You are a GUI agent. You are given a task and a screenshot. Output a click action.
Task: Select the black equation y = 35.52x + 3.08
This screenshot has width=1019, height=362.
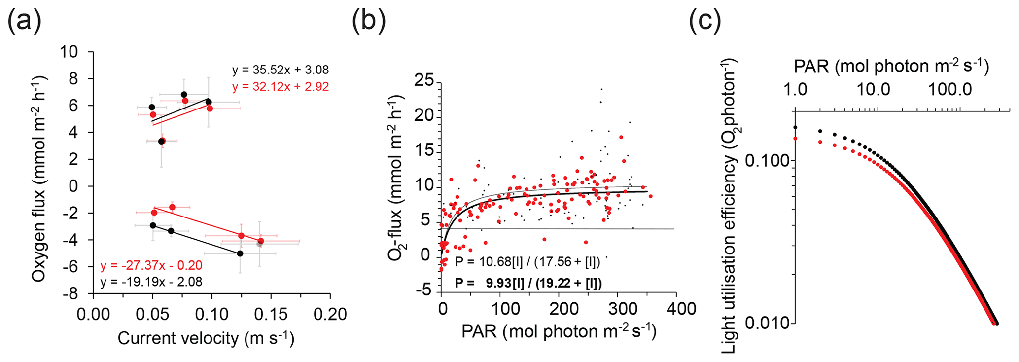pos(281,70)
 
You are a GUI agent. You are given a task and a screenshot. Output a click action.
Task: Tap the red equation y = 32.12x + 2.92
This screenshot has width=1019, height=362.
pos(281,87)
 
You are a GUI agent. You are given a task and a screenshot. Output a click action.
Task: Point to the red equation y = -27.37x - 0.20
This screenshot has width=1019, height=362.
pos(151,265)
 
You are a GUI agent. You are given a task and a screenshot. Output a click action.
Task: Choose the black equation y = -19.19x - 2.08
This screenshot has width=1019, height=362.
pos(151,282)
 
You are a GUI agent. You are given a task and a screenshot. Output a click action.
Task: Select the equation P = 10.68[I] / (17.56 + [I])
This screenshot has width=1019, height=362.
pos(527,262)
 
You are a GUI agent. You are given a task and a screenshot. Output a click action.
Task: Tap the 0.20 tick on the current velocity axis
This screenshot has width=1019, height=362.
pos(330,314)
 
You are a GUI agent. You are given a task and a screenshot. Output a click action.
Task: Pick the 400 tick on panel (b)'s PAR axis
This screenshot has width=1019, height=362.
pos(676,309)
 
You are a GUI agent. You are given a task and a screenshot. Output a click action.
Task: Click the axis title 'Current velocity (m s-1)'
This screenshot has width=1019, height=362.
pos(206,338)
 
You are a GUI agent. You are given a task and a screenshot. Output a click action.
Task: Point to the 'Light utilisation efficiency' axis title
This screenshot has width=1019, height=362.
pos(729,206)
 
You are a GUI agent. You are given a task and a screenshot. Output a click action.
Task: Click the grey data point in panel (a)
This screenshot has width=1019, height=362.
pos(260,244)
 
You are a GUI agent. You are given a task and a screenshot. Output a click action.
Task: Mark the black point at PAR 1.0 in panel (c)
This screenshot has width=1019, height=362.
pos(795,127)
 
